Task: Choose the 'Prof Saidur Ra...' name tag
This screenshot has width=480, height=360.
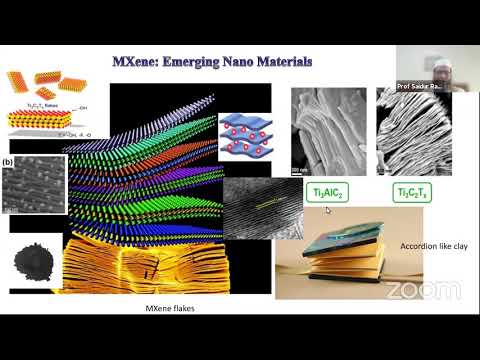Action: (419, 85)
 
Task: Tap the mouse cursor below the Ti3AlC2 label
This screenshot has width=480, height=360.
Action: (327, 211)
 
